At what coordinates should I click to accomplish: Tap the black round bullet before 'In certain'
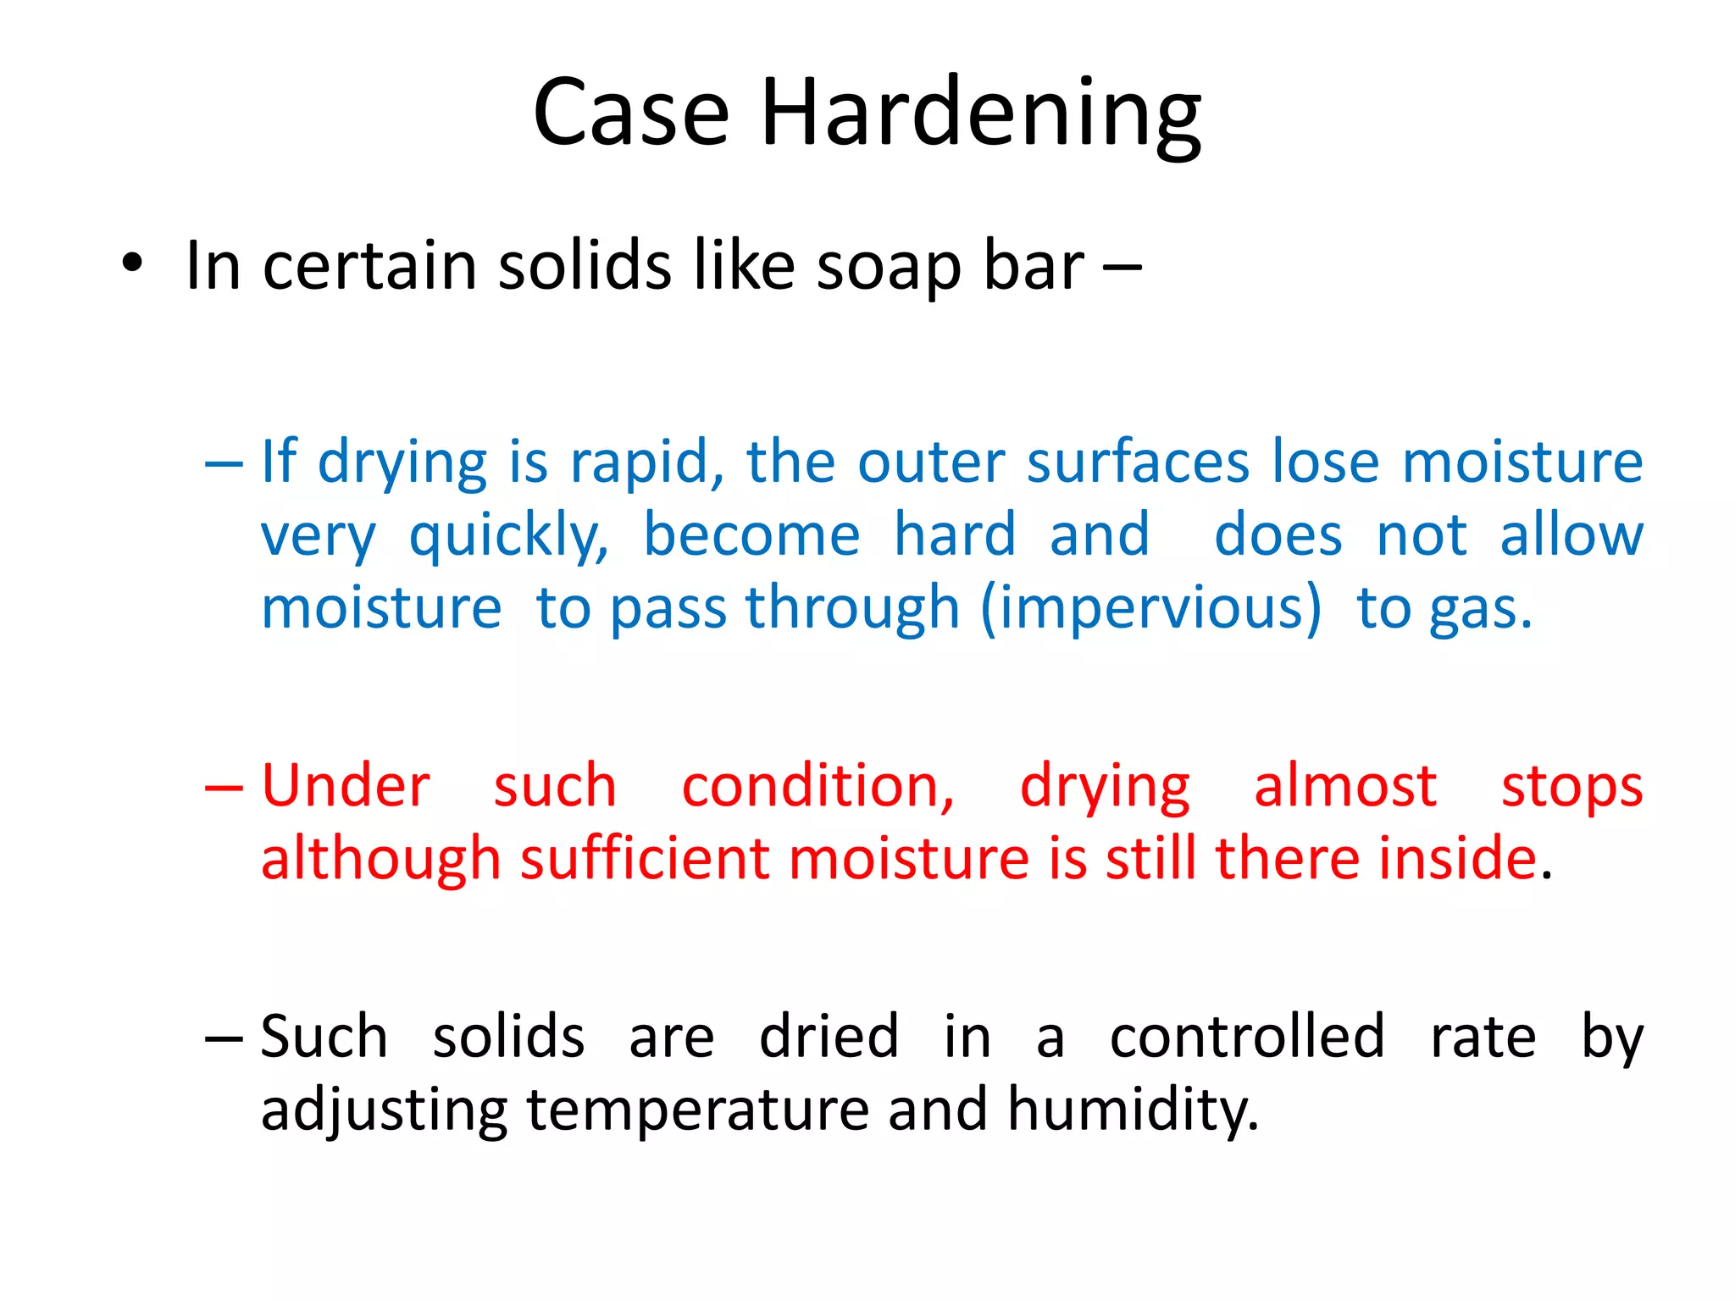pos(132,263)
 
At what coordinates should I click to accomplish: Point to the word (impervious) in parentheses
pos(1150,609)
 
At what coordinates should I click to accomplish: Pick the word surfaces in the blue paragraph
pos(1138,462)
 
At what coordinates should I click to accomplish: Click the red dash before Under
pos(224,788)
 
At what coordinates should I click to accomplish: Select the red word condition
pos(818,788)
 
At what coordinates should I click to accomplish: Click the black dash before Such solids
pos(224,1038)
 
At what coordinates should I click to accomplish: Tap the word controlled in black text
pos(1246,1037)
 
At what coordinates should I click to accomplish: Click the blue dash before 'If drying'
pos(224,464)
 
